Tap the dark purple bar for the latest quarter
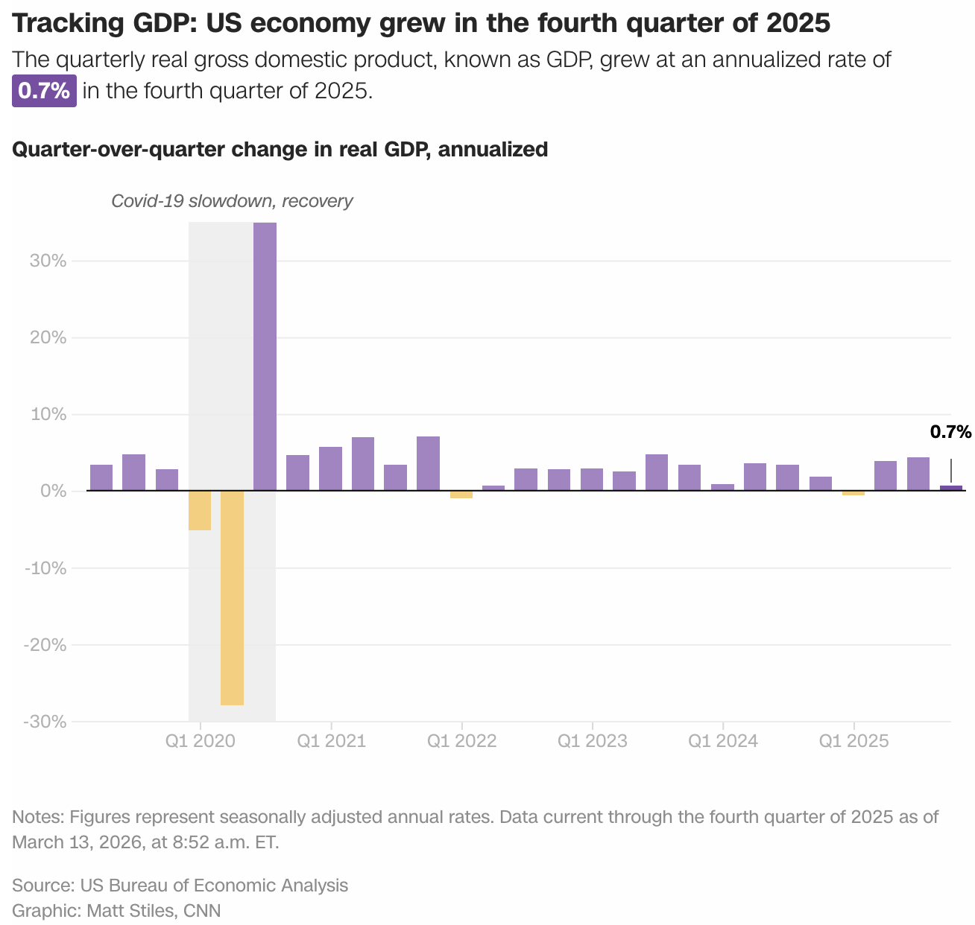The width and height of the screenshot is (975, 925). (950, 488)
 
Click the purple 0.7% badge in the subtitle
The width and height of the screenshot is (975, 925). (44, 92)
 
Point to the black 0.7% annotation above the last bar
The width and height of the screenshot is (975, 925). (950, 432)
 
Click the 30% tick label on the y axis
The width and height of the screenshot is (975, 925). (48, 261)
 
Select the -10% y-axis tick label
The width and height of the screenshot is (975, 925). (45, 568)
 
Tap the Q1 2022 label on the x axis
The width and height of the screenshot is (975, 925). (461, 741)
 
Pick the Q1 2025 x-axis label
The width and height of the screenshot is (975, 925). (853, 741)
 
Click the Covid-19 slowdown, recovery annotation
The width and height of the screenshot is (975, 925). (232, 201)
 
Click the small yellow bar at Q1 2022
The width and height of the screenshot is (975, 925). (461, 495)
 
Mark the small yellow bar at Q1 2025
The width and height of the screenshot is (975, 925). (853, 493)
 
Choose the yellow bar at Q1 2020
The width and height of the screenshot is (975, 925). (200, 510)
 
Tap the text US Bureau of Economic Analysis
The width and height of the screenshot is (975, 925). (214, 886)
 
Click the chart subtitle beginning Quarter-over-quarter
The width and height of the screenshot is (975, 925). (280, 149)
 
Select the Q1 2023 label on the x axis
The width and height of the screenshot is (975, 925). (592, 741)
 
